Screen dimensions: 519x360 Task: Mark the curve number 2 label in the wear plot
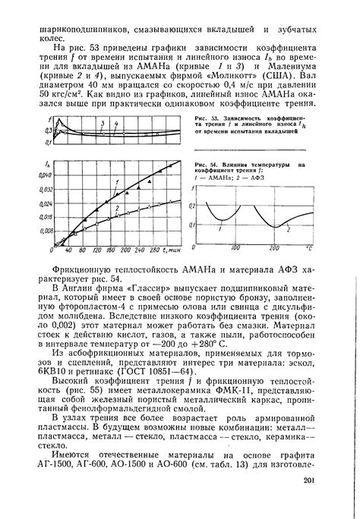click(115, 206)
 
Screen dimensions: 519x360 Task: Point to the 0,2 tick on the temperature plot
click(192, 206)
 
